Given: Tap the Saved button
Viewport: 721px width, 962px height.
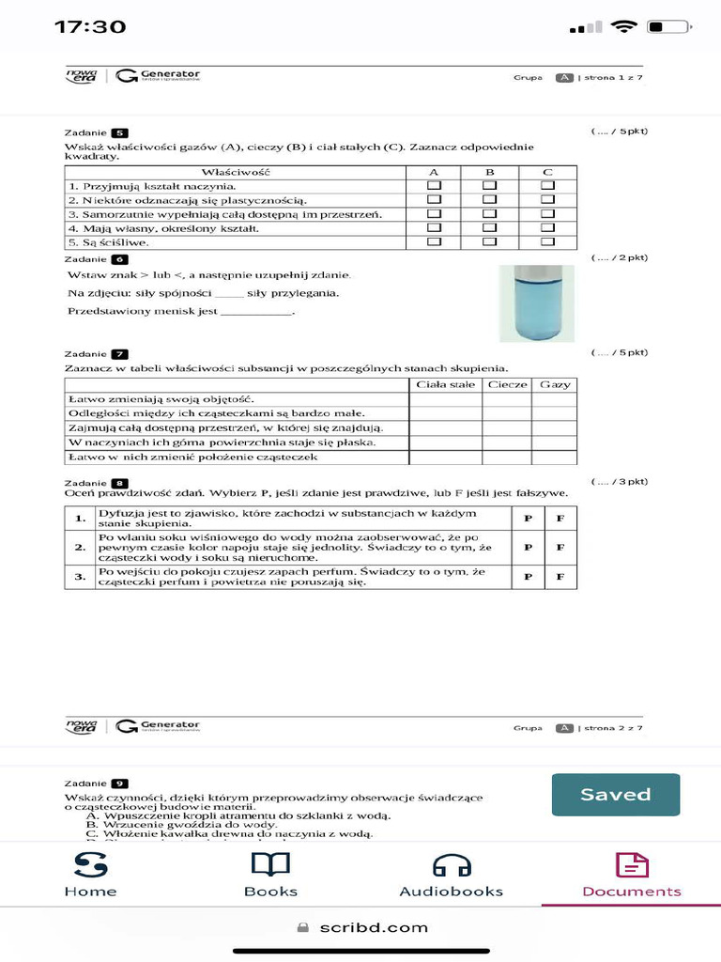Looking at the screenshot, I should pyautogui.click(x=615, y=795).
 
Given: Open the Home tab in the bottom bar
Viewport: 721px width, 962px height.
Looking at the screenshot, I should pyautogui.click(x=90, y=874).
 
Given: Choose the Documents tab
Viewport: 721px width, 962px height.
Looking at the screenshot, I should pyautogui.click(x=632, y=874).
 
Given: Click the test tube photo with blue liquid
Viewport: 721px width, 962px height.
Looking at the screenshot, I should pyautogui.click(x=536, y=303).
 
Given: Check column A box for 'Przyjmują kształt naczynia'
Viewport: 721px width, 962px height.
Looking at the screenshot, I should pyautogui.click(x=434, y=186).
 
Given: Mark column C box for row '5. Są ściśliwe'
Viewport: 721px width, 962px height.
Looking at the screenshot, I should pyautogui.click(x=547, y=242).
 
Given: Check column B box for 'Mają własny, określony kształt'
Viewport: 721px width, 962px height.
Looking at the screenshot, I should pyautogui.click(x=490, y=228).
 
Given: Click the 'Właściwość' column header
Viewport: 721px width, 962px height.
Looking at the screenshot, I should pyautogui.click(x=236, y=172).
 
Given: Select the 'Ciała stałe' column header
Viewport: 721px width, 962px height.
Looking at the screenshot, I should pyautogui.click(x=445, y=384).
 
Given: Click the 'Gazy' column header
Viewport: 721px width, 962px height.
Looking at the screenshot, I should pyautogui.click(x=554, y=384).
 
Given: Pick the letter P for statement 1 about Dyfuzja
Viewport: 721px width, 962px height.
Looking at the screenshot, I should pyautogui.click(x=528, y=518).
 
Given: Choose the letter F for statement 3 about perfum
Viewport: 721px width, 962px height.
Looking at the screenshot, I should pyautogui.click(x=560, y=576).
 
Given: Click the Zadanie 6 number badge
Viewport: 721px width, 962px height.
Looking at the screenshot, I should pyautogui.click(x=119, y=258).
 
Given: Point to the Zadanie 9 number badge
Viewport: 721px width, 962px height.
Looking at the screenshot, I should pyautogui.click(x=119, y=783).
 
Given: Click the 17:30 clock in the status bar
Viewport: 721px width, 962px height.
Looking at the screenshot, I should pyautogui.click(x=90, y=26).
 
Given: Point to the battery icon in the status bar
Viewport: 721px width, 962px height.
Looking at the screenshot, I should pyautogui.click(x=668, y=26).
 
